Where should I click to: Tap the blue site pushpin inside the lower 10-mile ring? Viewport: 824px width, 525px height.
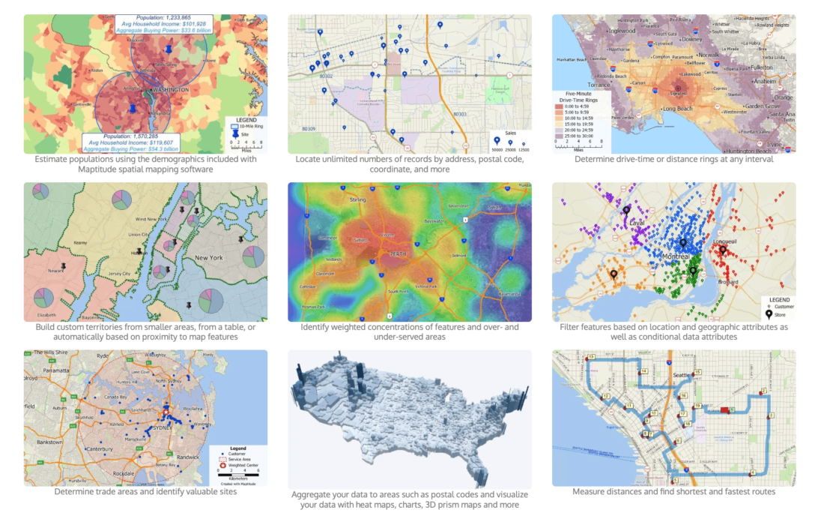(133, 109)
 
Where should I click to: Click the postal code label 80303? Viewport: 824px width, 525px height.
(460, 114)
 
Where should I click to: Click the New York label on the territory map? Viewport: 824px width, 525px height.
(209, 257)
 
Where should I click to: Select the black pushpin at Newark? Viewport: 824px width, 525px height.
(64, 265)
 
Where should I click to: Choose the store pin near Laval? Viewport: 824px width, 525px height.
(626, 212)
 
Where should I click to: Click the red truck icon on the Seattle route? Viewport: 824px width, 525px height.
(724, 409)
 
